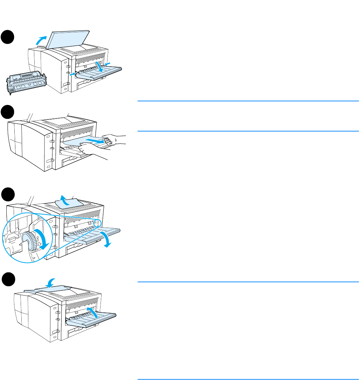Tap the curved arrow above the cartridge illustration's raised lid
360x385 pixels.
[41, 40]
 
